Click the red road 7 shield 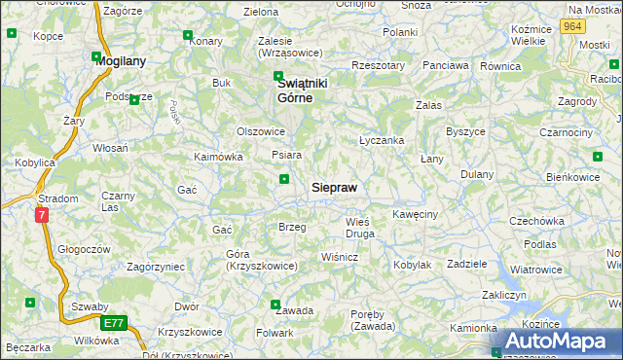click(x=42, y=215)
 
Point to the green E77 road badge click(x=113, y=323)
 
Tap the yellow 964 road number click(x=572, y=27)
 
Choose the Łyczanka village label click(x=382, y=140)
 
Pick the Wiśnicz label click(x=340, y=257)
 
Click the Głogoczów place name click(x=83, y=248)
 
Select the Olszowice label click(x=261, y=131)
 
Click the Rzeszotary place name click(x=379, y=65)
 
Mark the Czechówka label click(x=542, y=221)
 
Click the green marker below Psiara click(x=284, y=179)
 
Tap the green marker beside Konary click(x=188, y=36)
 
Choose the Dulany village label click(x=477, y=174)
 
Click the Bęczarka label click(x=28, y=347)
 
